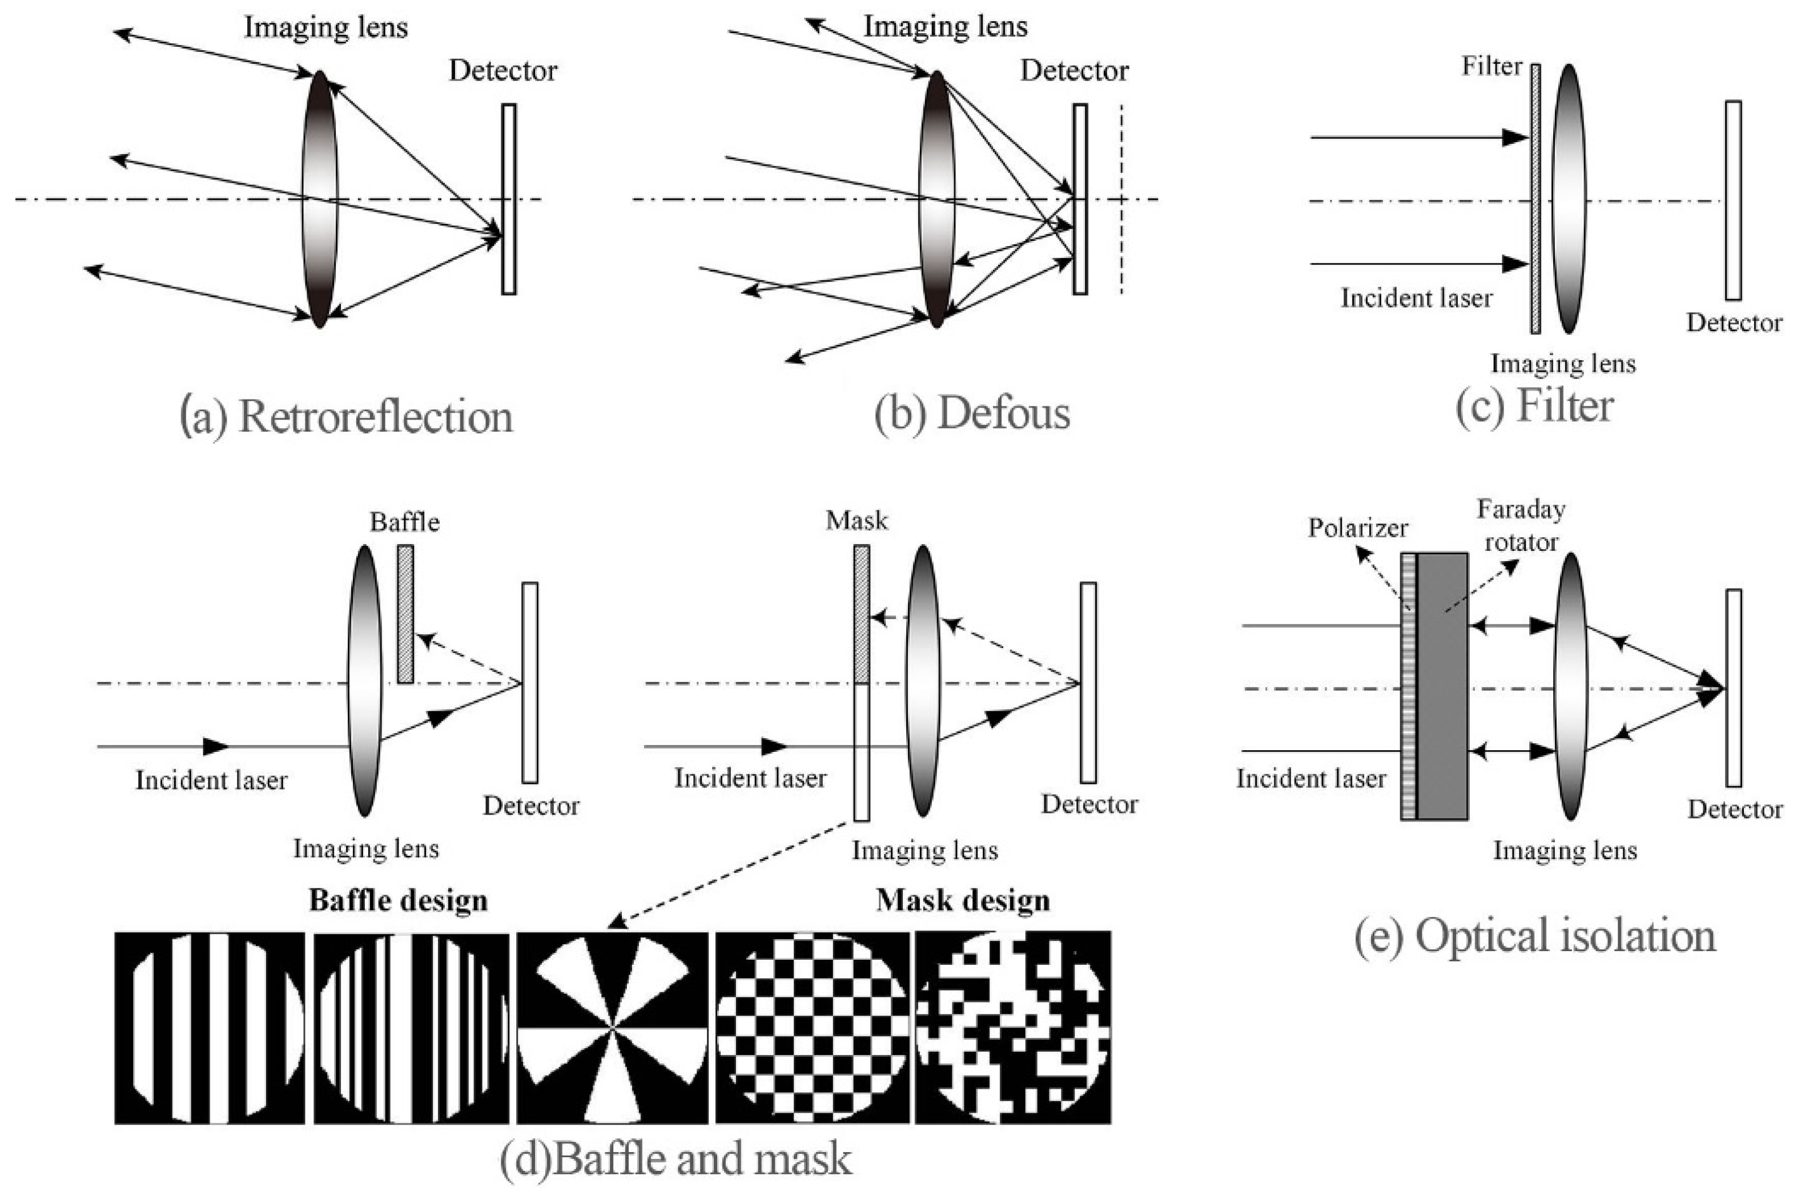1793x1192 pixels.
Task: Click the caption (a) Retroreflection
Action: pos(346,417)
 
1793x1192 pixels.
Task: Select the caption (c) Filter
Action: pos(1534,406)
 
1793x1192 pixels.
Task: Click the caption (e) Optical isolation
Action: pos(1534,935)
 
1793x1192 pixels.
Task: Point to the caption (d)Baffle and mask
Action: pos(675,1158)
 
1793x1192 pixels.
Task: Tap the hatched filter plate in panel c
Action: pos(1535,199)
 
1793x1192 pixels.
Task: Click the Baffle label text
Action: pos(404,522)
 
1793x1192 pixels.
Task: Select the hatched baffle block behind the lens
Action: pos(405,614)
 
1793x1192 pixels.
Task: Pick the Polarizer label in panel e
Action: pos(1357,527)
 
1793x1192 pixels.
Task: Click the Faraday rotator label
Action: pos(1521,525)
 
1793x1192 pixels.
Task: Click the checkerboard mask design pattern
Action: pos(811,1027)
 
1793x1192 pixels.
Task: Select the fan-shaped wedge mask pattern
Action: pos(612,1027)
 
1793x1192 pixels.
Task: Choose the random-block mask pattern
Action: pos(1012,1027)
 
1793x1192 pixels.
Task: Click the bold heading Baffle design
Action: pos(397,901)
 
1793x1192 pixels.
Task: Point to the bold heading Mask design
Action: pos(962,901)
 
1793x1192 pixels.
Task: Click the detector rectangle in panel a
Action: pos(509,199)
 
